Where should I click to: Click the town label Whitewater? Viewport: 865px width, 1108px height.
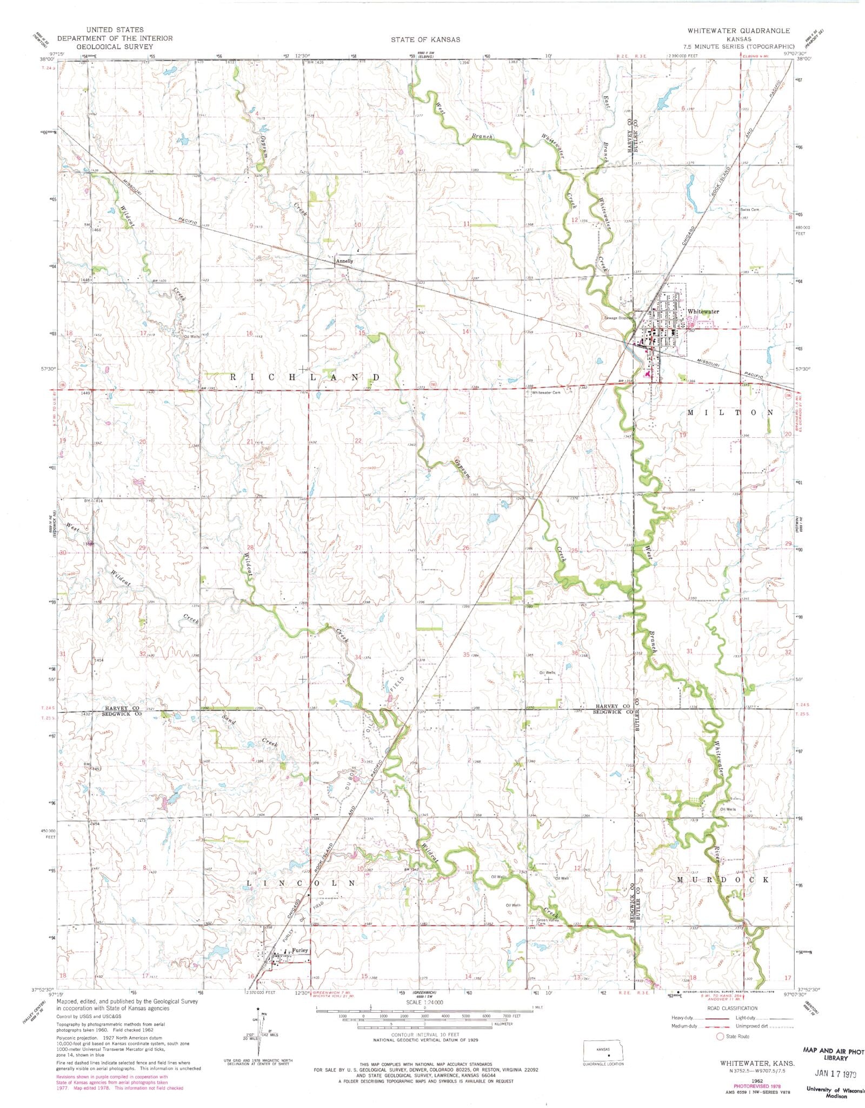[703, 312]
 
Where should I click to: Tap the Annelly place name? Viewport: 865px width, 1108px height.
[344, 261]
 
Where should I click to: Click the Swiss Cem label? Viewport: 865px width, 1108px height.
[750, 210]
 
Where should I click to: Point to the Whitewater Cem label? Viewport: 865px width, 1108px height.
[545, 393]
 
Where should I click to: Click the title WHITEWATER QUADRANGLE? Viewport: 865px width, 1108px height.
[738, 31]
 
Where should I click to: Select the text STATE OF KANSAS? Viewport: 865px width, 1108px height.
[426, 39]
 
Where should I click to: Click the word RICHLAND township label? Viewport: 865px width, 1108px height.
[304, 377]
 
